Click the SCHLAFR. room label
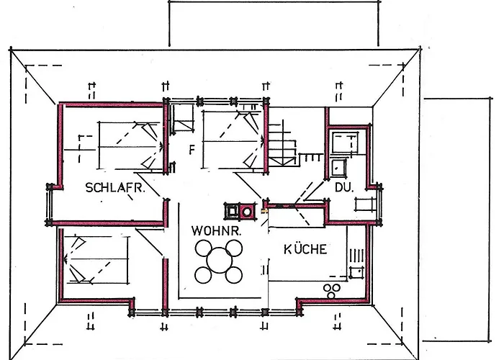click(x=115, y=189)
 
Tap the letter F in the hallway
click(x=192, y=150)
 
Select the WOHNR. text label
click(x=215, y=232)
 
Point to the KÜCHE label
click(x=305, y=250)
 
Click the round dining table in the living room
click(x=219, y=262)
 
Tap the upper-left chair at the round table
click(x=204, y=248)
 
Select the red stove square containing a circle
click(x=247, y=211)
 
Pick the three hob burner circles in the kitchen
click(x=332, y=290)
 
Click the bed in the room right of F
click(x=230, y=138)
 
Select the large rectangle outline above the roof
click(x=274, y=23)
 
